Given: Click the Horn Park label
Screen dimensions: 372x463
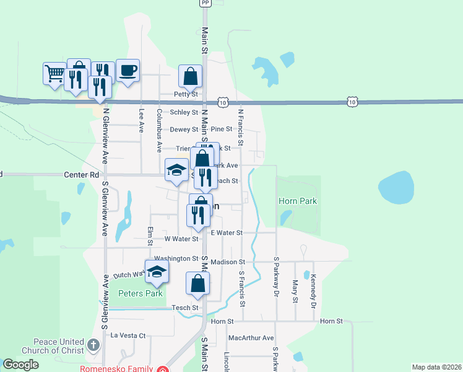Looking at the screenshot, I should click(x=298, y=201).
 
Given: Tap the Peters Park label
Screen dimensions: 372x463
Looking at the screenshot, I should click(x=141, y=293).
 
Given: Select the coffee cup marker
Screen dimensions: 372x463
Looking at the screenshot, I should click(x=128, y=71).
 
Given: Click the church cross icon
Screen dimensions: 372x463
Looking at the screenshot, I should click(x=93, y=345).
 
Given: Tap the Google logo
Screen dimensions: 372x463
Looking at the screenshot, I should click(x=20, y=365).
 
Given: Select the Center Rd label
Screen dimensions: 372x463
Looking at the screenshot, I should click(x=82, y=175).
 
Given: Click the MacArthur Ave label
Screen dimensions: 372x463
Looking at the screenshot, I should click(x=251, y=338).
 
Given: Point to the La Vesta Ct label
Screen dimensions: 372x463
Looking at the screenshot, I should click(x=128, y=335).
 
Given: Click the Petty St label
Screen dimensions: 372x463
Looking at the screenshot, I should click(x=185, y=94).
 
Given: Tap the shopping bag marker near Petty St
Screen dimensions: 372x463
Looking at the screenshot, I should click(x=191, y=77).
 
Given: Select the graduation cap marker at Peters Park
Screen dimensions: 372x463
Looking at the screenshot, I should click(x=157, y=271).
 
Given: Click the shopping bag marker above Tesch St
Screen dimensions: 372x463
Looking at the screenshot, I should click(x=198, y=283).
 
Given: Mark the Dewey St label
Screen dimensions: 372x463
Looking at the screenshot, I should click(x=184, y=130).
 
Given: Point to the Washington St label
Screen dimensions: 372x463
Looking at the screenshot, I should click(x=176, y=259).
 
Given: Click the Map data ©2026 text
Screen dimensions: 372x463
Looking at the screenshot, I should click(x=436, y=367).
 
